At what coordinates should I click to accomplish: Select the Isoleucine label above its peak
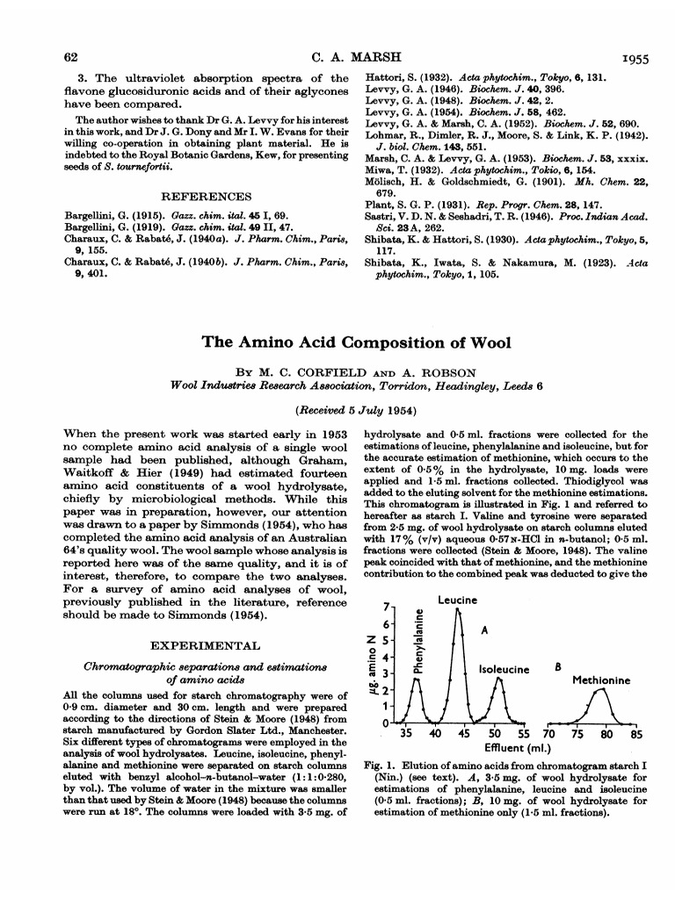[x=504, y=669]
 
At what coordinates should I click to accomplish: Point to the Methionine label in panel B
[x=602, y=680]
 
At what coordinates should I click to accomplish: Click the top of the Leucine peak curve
[x=457, y=610]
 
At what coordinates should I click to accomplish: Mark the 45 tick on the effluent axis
[x=464, y=735]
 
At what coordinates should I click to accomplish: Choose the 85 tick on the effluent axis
[x=636, y=735]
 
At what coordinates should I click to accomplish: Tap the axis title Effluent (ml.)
[x=517, y=749]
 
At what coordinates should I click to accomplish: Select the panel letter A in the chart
[x=483, y=630]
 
